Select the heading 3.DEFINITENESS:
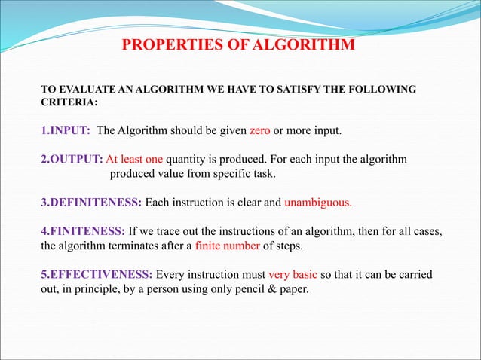[90, 202]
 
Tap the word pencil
[251, 286]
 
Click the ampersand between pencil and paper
[273, 286]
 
